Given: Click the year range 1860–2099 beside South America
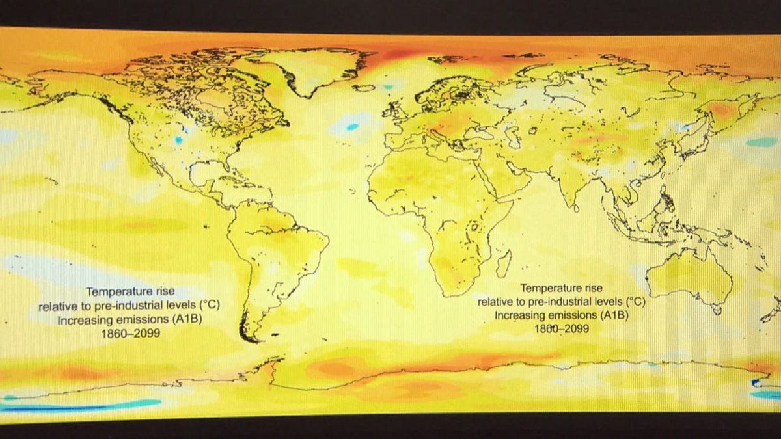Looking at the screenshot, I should tap(130, 334).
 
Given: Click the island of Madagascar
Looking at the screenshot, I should tap(502, 263).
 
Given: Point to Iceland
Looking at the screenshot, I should tap(366, 86).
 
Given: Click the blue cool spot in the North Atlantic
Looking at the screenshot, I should tap(352, 127).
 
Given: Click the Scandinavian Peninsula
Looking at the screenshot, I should tap(449, 91).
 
